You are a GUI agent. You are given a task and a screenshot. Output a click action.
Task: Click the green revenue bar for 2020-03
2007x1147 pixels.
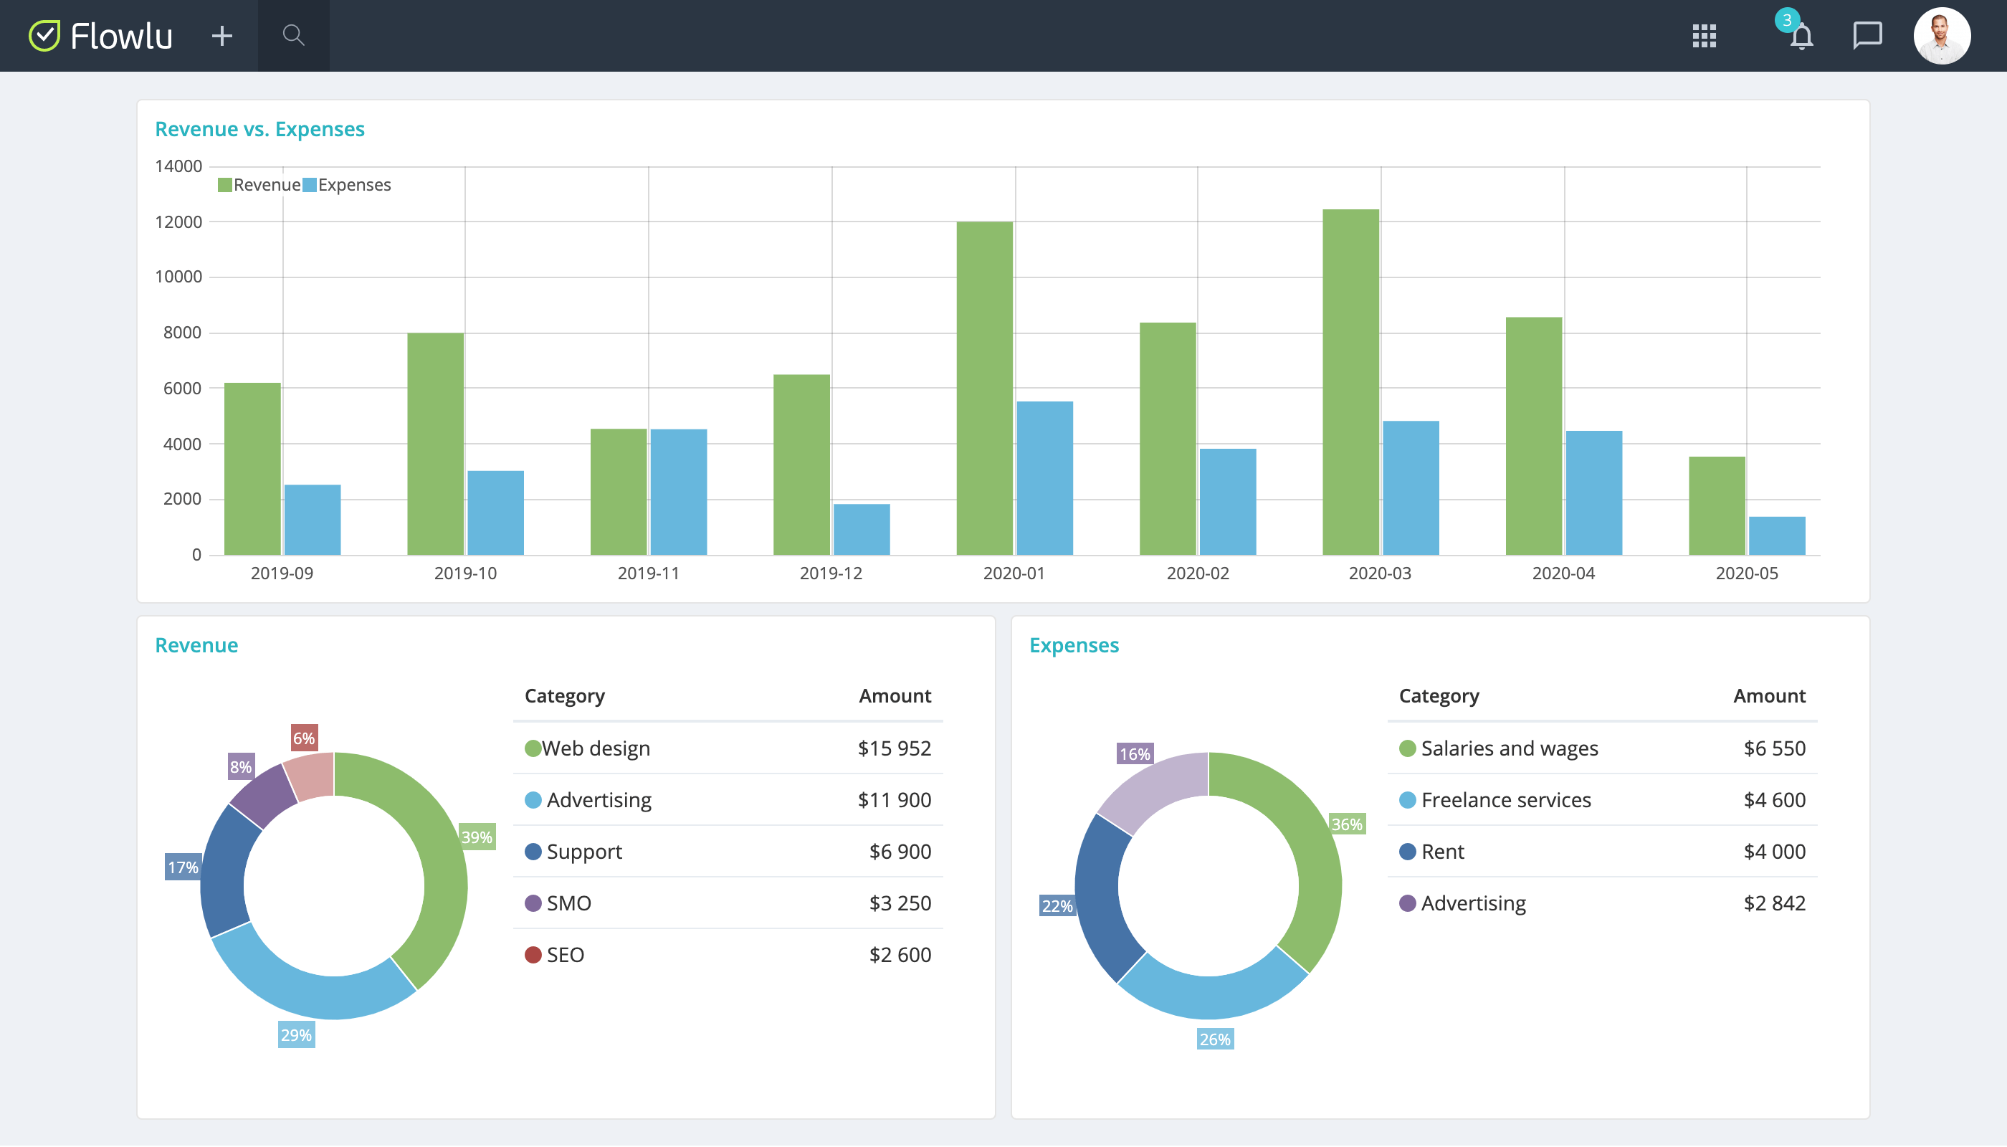(x=1350, y=382)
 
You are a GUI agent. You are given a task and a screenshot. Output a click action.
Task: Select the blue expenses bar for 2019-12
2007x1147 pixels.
(x=861, y=529)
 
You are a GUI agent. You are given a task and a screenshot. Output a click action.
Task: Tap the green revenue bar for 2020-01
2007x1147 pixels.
(x=984, y=389)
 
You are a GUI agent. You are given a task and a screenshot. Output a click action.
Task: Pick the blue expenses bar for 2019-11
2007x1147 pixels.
(x=678, y=492)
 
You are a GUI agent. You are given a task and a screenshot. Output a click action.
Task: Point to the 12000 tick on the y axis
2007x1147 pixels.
(x=178, y=222)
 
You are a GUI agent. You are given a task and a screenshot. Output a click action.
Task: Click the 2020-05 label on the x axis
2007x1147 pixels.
(x=1746, y=573)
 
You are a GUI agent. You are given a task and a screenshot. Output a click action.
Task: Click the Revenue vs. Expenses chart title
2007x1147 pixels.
(x=259, y=129)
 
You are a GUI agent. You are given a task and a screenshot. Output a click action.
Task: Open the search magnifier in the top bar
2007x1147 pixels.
(x=293, y=35)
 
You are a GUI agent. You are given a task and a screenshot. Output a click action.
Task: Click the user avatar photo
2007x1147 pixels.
(x=1941, y=35)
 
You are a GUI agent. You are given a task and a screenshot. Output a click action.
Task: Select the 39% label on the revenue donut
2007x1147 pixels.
(x=477, y=837)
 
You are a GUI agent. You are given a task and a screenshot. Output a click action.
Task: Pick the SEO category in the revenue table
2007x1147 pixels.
(x=565, y=955)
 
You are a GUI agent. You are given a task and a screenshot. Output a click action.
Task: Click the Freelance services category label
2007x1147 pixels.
(x=1505, y=799)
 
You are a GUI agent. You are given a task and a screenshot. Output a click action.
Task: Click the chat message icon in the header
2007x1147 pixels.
(x=1867, y=35)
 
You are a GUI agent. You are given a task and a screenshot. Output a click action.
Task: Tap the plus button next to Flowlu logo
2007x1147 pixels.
(x=222, y=35)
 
